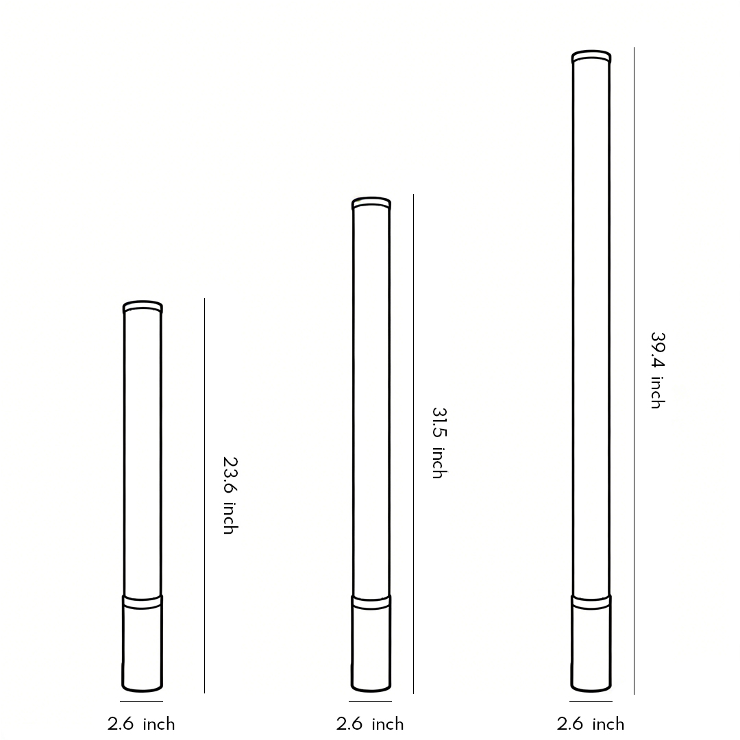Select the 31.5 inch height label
pos(439,443)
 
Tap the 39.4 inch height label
pos(657,371)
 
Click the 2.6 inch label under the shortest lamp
pos(141,724)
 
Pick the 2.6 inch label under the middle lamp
pos(370,724)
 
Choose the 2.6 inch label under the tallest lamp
pos(591,724)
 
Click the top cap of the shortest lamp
pos(143,306)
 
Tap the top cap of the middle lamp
pos(371,203)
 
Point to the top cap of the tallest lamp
pos(591,56)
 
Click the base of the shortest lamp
pos(143,644)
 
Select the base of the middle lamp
pos(371,644)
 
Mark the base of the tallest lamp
pos(591,644)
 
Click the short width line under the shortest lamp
pos(141,701)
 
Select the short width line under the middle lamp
pos(370,701)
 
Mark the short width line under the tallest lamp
pos(591,701)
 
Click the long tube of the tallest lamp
pos(591,329)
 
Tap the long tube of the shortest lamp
pos(143,452)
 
